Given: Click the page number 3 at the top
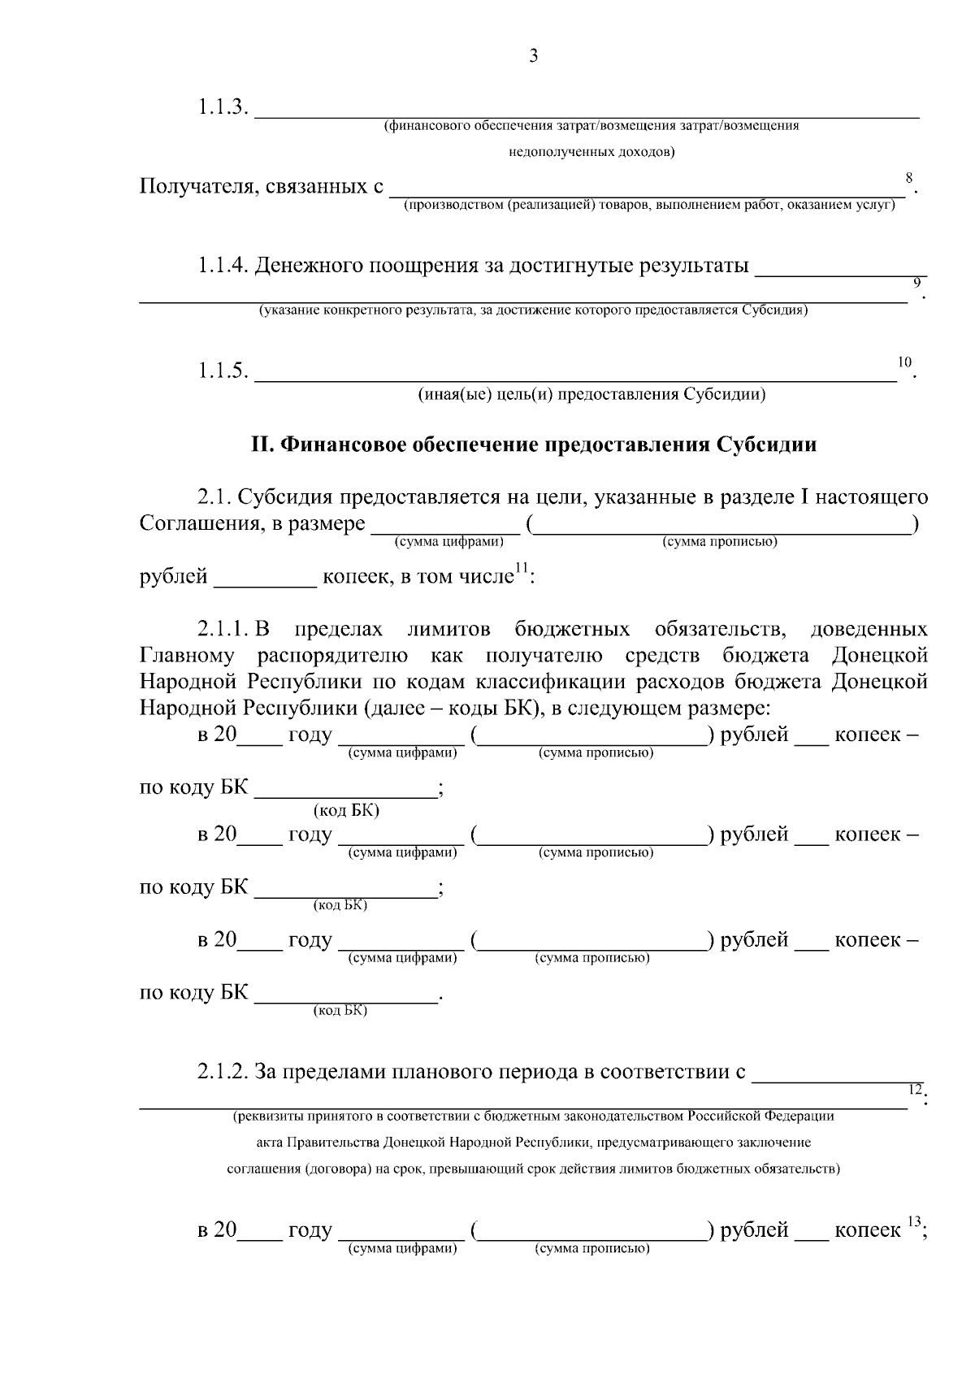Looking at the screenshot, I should point(533,56).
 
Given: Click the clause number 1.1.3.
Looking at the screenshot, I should point(222,108).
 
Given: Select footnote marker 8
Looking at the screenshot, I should point(909,177).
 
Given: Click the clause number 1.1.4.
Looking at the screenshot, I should point(222,267).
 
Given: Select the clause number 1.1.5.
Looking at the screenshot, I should point(222,371).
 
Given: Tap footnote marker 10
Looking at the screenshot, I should point(904,362).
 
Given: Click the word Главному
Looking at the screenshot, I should point(188,656).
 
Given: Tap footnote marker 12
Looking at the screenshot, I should point(916,1089).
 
